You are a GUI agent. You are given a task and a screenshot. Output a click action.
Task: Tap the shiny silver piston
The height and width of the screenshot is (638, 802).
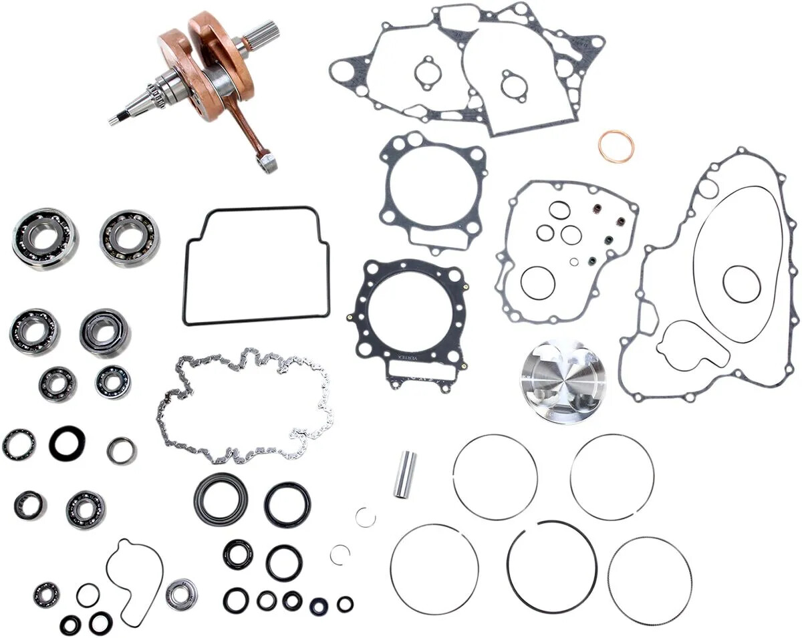[x=562, y=381]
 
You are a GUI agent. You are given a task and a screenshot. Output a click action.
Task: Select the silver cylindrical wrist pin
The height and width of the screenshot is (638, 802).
[x=404, y=474]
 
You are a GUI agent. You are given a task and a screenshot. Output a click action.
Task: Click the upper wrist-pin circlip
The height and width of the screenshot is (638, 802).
[x=365, y=517]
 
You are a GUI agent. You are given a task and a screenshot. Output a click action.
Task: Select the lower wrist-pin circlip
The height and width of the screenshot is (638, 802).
[x=340, y=554]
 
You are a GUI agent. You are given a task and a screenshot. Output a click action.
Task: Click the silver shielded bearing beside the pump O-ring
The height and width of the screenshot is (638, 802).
[x=181, y=594]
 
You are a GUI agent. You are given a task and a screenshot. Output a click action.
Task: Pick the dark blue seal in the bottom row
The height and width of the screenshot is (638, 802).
[x=319, y=605]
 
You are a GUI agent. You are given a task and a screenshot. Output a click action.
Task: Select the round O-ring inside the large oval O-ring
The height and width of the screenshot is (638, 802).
[x=741, y=284]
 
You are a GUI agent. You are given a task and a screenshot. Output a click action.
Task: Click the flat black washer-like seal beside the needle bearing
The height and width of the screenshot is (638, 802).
[x=67, y=443]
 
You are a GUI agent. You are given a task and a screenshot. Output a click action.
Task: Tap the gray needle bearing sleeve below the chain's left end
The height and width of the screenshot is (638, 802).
[x=122, y=450]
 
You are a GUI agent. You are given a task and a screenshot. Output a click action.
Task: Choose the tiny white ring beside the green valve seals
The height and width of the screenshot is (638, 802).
[x=573, y=262]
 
